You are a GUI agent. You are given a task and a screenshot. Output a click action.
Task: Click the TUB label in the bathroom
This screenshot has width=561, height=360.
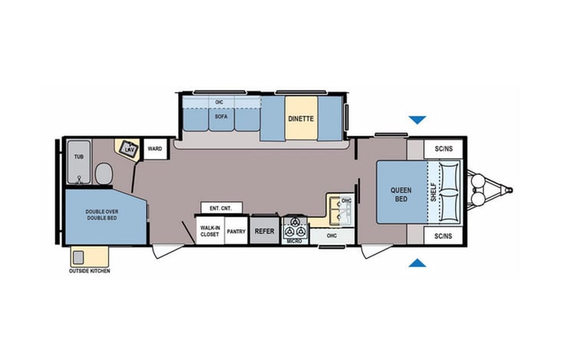click(x=78, y=157)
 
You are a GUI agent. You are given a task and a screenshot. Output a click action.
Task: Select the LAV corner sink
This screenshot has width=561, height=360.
click(x=127, y=148)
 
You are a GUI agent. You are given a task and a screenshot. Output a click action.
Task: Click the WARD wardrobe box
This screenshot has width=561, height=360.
click(x=154, y=148)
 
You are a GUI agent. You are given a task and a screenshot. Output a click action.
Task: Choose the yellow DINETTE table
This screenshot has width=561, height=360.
click(x=300, y=119)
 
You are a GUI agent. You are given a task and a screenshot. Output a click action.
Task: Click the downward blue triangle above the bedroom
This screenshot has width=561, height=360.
click(x=417, y=120)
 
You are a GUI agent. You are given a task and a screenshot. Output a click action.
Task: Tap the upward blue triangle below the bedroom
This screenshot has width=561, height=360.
click(x=417, y=263)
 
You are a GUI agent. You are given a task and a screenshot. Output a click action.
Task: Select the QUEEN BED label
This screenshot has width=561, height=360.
click(x=401, y=193)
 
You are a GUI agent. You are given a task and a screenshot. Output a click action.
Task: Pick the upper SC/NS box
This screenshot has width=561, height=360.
click(x=442, y=149)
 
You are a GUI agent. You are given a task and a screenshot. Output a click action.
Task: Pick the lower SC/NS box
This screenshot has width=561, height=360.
click(x=442, y=236)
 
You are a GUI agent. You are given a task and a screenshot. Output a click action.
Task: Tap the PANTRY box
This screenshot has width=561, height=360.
click(x=236, y=231)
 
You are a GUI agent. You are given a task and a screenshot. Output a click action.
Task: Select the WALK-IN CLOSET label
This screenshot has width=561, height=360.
click(x=210, y=231)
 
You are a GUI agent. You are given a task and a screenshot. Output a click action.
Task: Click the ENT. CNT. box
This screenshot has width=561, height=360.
click(x=222, y=208)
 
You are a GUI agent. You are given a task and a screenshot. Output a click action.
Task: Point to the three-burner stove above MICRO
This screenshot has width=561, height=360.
click(x=295, y=229)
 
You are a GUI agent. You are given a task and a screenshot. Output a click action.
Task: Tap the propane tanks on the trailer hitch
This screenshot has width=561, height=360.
click(x=480, y=193)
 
